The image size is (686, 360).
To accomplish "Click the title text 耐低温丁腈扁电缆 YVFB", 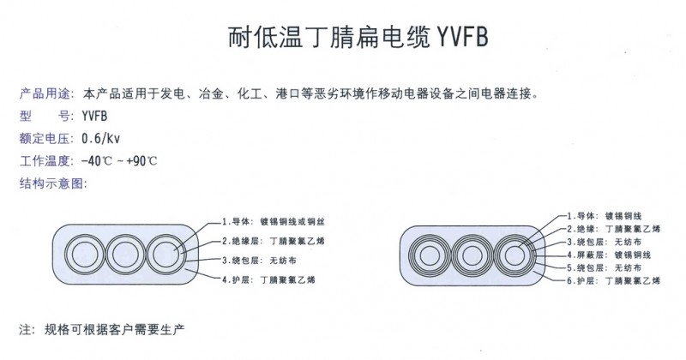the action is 358,37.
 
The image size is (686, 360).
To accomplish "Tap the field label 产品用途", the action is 45,93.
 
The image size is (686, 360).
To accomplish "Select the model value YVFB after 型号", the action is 94,116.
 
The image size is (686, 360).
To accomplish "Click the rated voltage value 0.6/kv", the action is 100,138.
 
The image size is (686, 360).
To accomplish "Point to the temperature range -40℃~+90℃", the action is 119,161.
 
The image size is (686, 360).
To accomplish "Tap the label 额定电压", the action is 45,138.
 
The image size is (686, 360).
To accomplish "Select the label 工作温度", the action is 45,161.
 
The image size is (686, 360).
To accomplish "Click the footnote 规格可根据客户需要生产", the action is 114,329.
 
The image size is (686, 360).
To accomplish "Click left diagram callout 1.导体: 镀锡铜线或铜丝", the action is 274,222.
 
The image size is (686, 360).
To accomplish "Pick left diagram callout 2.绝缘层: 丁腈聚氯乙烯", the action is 274,241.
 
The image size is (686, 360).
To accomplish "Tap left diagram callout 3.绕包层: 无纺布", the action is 259,261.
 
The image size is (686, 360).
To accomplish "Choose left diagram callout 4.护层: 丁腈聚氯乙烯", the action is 268,280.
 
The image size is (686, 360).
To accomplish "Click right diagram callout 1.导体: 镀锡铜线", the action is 605,216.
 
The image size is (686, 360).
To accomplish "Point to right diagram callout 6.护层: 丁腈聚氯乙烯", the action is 613,280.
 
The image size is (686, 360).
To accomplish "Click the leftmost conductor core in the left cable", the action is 85,255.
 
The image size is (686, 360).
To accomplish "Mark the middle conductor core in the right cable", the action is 472,256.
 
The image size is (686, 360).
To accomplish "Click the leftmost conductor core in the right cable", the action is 430,255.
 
